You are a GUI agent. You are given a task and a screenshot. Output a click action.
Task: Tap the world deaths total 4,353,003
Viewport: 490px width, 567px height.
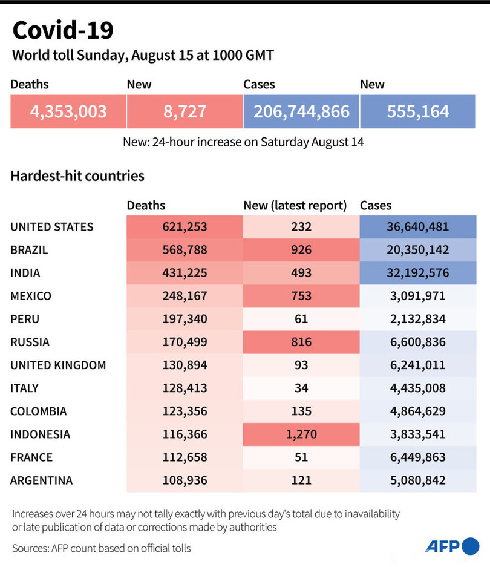coord(68,111)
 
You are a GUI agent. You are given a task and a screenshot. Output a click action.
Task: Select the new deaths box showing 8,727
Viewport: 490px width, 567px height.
coord(184,111)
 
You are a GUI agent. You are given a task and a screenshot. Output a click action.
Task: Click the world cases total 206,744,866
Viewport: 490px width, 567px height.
coord(301,111)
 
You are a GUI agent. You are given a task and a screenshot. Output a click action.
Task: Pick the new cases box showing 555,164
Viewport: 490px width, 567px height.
coord(417,111)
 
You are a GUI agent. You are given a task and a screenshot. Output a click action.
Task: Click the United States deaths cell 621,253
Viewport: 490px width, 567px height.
coord(184,227)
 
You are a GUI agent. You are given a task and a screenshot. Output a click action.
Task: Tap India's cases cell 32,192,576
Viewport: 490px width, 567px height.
coord(417,273)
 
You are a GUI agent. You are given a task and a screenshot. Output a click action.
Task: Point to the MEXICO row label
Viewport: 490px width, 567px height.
coord(31,296)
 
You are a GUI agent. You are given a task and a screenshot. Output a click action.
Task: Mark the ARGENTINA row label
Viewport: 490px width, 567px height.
coord(42,480)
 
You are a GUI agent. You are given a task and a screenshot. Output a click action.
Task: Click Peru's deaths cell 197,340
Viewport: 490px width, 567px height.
coord(184,319)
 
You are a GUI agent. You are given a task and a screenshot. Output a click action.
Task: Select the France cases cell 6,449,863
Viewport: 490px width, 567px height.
coord(417,457)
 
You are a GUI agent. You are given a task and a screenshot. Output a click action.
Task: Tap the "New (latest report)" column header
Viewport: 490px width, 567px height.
coord(295,206)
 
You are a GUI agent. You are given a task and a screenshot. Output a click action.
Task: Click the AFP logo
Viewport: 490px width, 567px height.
coord(452,546)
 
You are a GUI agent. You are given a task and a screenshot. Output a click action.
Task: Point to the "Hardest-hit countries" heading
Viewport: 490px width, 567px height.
coord(77,176)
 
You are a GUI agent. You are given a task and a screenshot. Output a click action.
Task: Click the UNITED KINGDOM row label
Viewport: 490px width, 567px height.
coord(58,365)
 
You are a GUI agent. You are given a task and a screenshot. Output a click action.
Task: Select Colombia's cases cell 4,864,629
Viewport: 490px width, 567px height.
coord(417,411)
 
